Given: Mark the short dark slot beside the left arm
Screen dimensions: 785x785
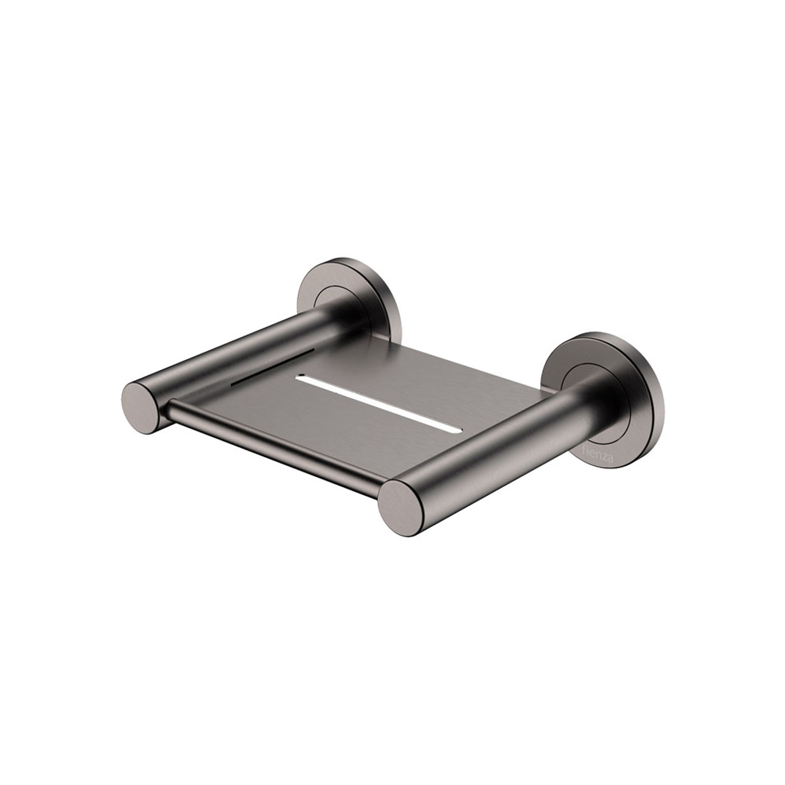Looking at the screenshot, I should point(276,362).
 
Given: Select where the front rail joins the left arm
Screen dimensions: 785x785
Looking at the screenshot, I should point(169,411).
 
